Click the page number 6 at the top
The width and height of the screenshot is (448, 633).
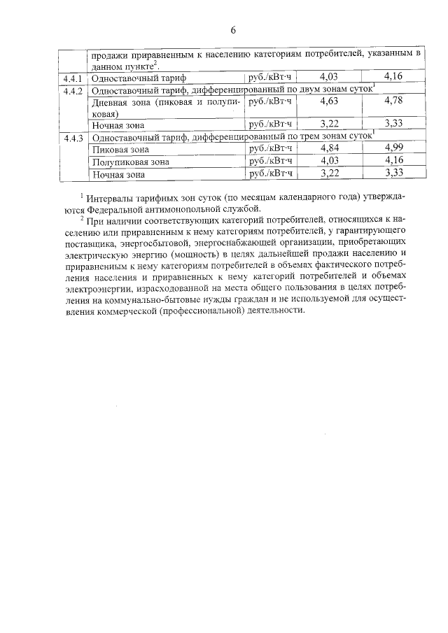[x=233, y=29]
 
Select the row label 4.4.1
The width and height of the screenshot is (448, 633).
[x=72, y=78]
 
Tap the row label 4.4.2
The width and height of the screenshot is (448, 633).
[x=72, y=90]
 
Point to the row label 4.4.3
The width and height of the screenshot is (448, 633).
[x=72, y=138]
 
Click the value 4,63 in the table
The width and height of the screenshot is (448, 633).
[x=329, y=101]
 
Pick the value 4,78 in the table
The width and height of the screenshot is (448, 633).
[x=393, y=101]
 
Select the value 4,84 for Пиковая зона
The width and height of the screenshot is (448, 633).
[x=329, y=148]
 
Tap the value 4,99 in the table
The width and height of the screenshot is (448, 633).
[x=393, y=148]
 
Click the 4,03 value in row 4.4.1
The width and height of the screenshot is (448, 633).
[x=329, y=78]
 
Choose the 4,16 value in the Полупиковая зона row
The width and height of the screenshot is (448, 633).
[x=393, y=161]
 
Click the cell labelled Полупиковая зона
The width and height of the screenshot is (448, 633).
[x=131, y=162]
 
